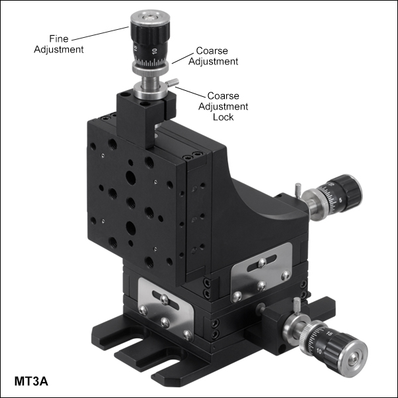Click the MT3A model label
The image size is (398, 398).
click(x=31, y=381)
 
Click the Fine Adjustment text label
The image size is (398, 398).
click(x=58, y=44)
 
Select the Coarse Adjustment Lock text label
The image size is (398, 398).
click(x=223, y=106)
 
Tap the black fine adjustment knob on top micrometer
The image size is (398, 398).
click(x=150, y=34)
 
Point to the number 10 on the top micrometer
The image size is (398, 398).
click(x=155, y=51)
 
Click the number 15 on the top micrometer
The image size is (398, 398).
click(x=135, y=48)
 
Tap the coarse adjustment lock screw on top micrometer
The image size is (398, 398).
click(x=172, y=82)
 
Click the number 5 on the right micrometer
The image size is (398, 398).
click(x=340, y=200)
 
